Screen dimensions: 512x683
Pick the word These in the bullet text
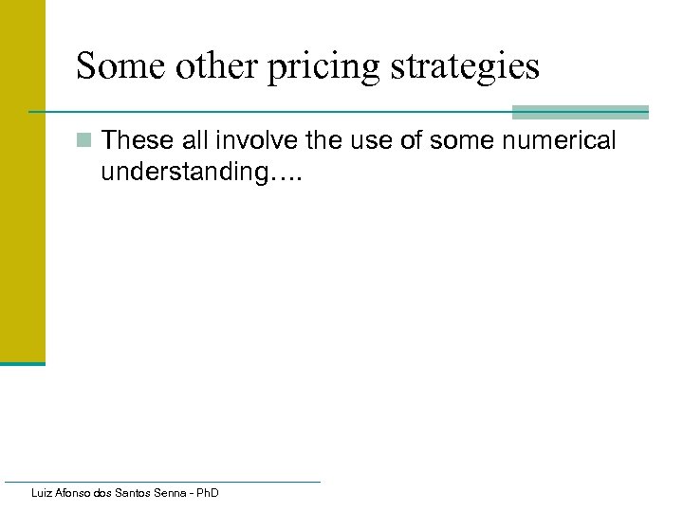[x=136, y=141]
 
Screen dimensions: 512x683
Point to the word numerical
[x=562, y=141]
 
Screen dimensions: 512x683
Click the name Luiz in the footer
[x=41, y=493]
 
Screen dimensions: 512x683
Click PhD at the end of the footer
[x=208, y=493]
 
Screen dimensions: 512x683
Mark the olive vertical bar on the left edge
[x=22, y=180]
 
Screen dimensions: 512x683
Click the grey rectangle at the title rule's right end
[x=580, y=112]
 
